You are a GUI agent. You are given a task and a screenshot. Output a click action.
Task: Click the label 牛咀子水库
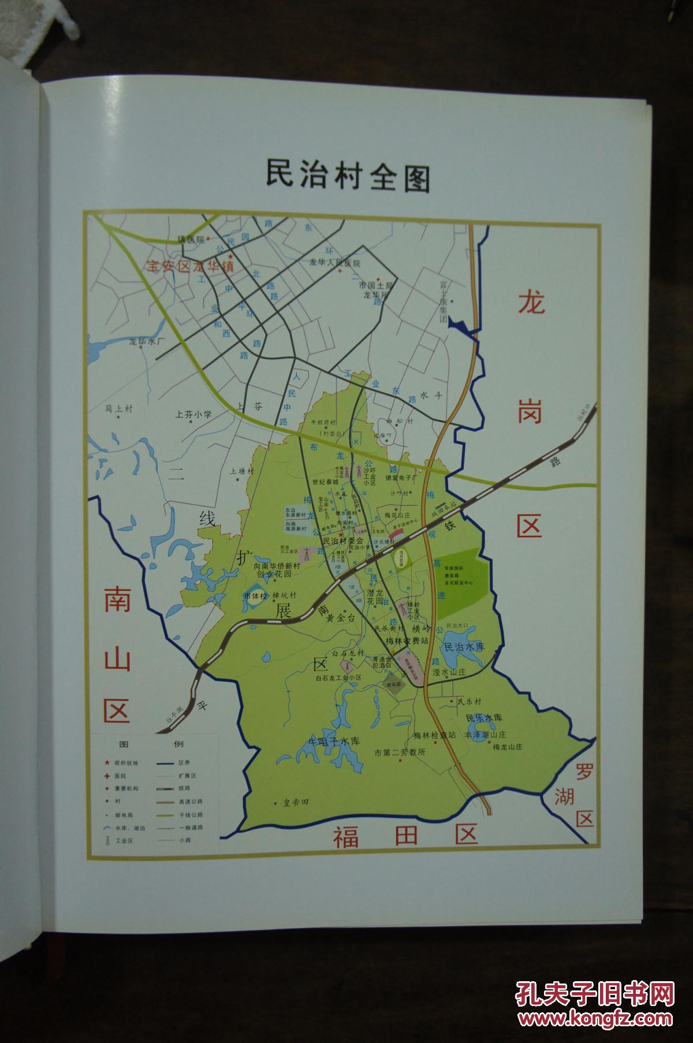pos(333,741)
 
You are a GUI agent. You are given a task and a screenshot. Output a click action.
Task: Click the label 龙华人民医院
pos(335,263)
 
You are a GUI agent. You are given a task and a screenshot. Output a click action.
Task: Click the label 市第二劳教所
pos(400,753)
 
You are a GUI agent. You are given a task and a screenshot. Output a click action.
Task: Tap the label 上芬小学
pos(194,414)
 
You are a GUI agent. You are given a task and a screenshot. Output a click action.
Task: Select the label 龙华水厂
pos(147,342)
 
